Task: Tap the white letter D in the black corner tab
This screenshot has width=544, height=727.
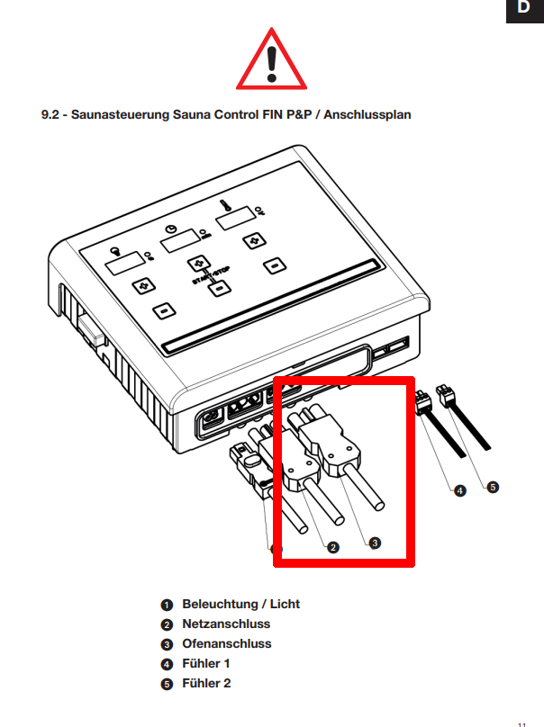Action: (523, 8)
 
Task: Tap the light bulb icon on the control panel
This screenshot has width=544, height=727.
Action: (114, 252)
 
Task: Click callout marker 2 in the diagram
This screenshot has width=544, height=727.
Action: (333, 547)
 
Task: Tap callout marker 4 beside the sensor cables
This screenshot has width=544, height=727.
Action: (460, 491)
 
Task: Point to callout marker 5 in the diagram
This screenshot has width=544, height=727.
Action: (492, 487)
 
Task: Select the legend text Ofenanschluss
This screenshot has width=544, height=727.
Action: (226, 643)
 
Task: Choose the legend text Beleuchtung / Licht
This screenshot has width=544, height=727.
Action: (240, 604)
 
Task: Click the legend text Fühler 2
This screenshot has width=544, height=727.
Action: (206, 683)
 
